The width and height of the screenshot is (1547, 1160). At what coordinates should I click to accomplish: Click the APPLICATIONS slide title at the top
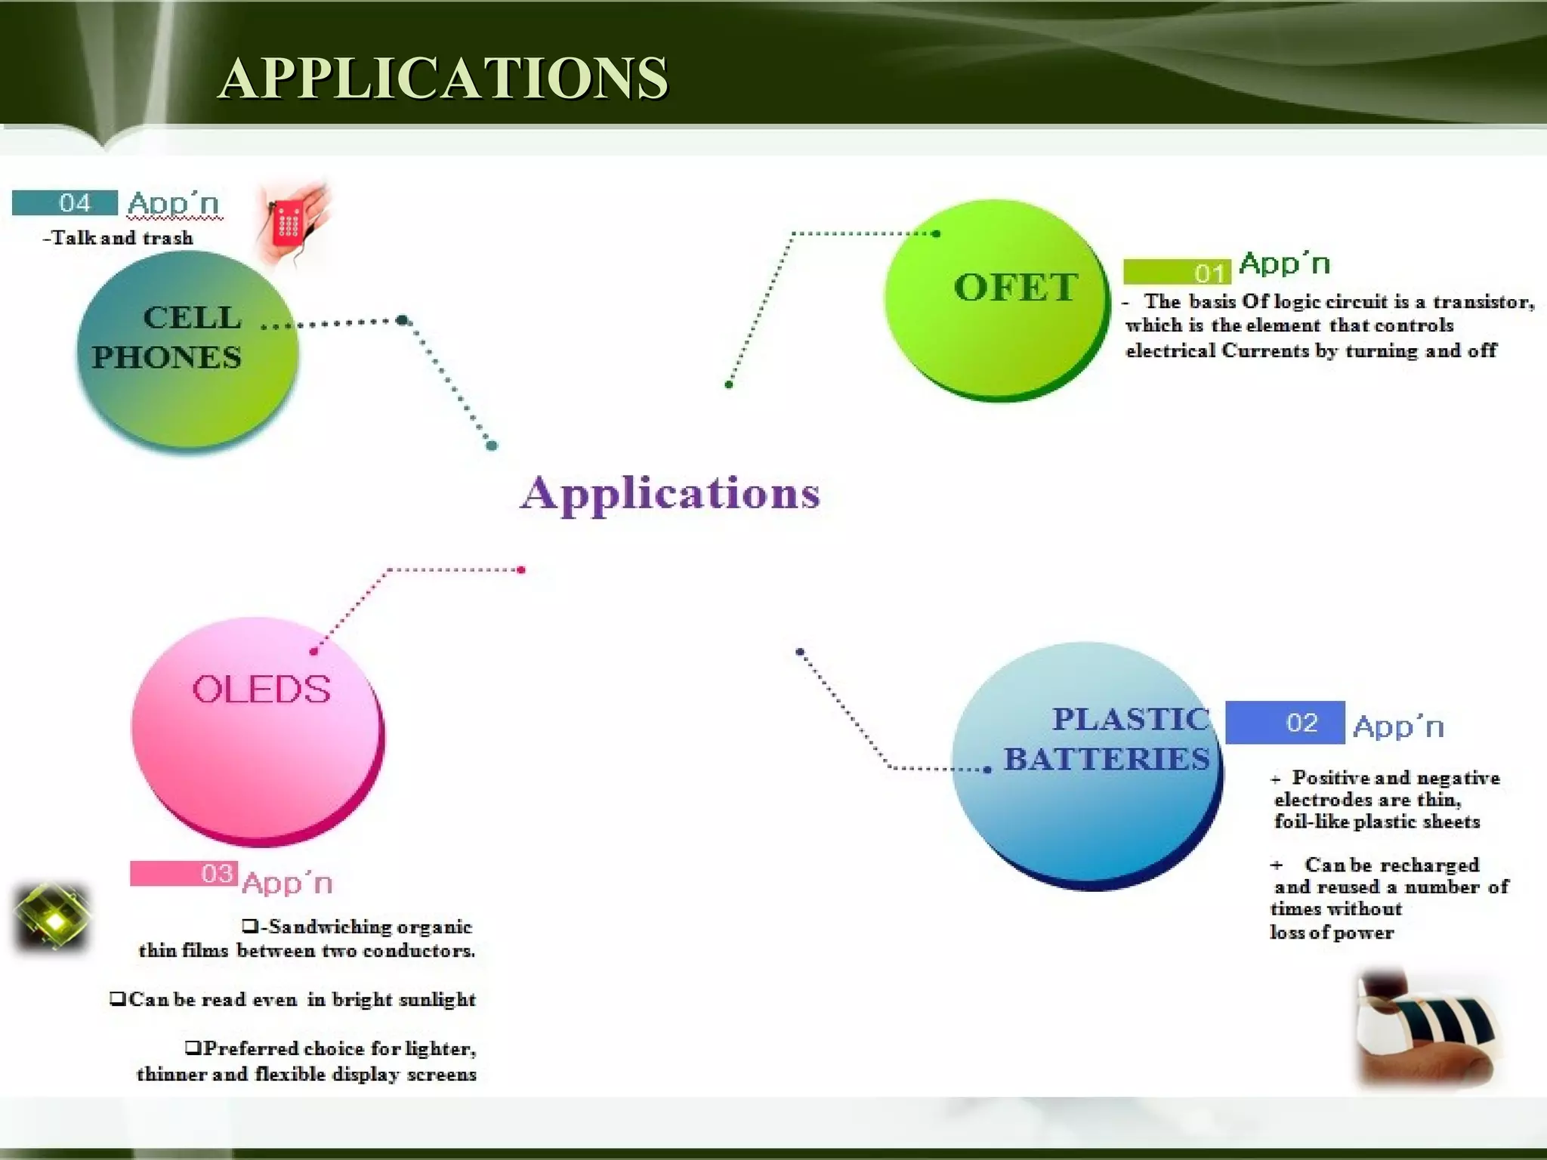point(443,78)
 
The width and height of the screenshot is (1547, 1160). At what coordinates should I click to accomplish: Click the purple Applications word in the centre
point(670,495)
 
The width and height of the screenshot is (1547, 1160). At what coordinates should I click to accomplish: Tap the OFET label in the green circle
point(1015,288)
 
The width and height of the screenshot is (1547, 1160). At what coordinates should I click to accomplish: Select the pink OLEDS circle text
point(261,690)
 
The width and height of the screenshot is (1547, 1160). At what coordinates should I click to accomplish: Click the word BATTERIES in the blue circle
point(1106,759)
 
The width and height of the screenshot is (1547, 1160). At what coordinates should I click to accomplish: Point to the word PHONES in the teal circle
point(167,357)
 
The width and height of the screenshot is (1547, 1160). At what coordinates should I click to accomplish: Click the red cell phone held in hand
point(289,222)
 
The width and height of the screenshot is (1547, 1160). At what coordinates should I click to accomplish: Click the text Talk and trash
point(119,238)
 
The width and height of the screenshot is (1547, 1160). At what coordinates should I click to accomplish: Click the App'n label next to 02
point(1398,727)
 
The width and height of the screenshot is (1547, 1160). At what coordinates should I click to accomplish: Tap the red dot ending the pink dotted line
point(521,570)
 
